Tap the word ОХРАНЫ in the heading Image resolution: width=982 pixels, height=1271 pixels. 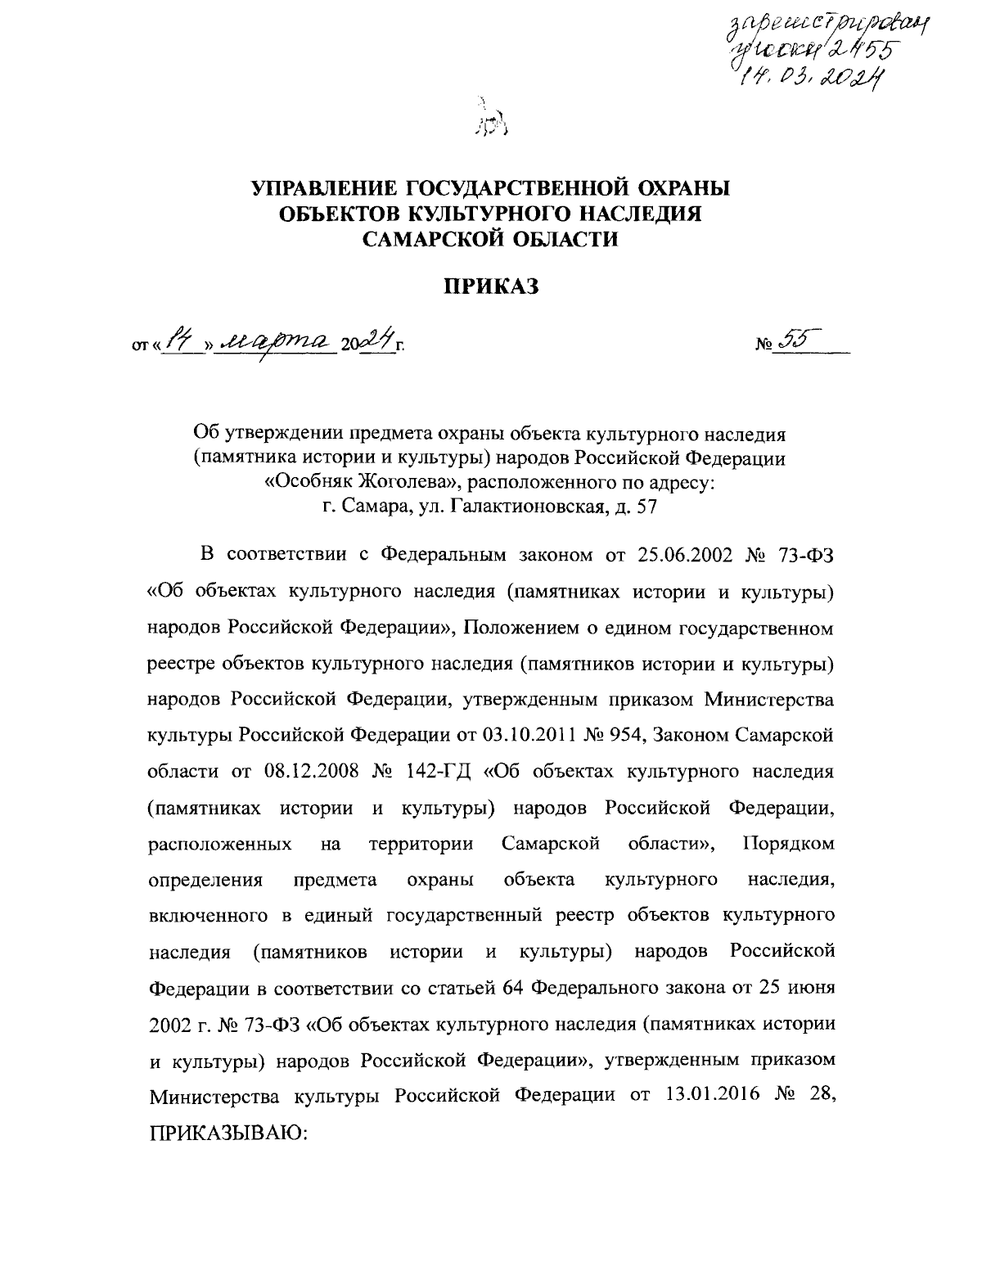click(673, 188)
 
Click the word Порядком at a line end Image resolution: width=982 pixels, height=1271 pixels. click(789, 843)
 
